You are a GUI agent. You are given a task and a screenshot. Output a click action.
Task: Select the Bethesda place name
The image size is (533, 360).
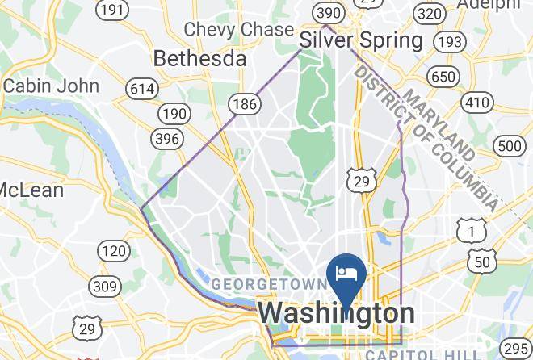click(199, 59)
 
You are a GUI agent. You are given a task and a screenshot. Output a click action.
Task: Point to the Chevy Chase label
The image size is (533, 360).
click(238, 29)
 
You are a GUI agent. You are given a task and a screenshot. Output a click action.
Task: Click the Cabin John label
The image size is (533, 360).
click(50, 86)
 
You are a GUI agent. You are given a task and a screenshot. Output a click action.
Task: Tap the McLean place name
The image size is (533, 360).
click(31, 190)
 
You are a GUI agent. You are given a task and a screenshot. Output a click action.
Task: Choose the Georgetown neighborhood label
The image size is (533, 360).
click(269, 285)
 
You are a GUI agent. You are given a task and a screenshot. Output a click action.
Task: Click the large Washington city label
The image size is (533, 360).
click(337, 313)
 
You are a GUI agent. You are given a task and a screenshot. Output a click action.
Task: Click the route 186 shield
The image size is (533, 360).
click(243, 103)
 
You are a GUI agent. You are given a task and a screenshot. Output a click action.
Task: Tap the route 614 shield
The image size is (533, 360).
click(143, 89)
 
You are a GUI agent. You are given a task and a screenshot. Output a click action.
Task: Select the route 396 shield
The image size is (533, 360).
click(166, 139)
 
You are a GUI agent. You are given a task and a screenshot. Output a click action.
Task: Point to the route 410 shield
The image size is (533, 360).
click(478, 103)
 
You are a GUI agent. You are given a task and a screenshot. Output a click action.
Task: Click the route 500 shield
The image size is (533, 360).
click(510, 146)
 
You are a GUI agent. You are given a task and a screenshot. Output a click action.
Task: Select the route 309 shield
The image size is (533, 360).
click(105, 286)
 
